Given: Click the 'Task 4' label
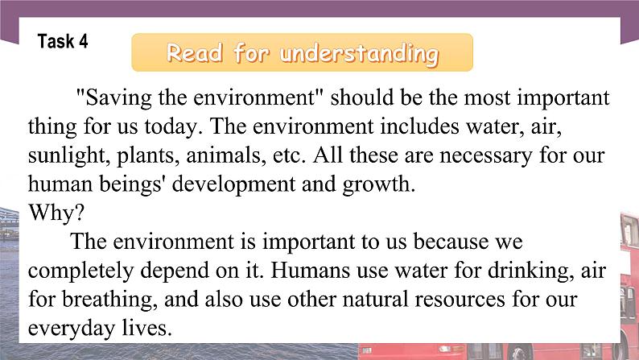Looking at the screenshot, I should click(x=62, y=41).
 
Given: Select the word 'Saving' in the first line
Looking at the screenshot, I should click(x=109, y=100).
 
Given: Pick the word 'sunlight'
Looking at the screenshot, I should click(x=61, y=155).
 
